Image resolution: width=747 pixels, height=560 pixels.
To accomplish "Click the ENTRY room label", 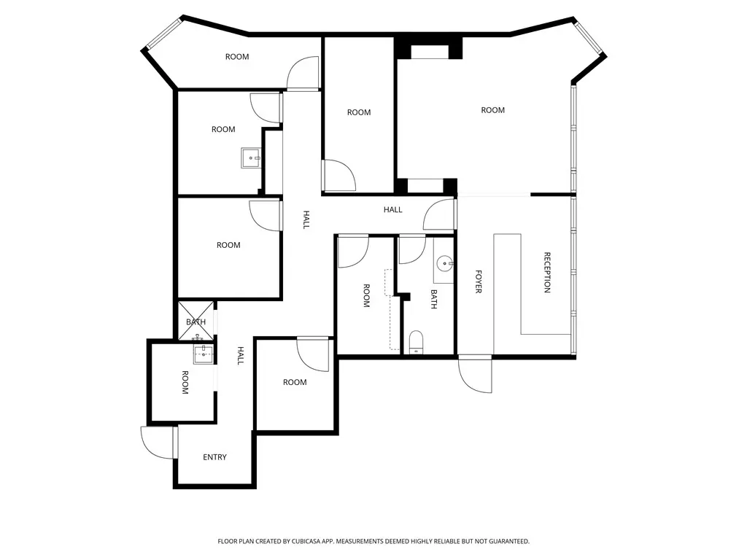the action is point(215,457).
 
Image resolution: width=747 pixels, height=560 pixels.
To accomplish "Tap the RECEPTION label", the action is point(547,273).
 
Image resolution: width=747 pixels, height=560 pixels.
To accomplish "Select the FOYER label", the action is point(479,281).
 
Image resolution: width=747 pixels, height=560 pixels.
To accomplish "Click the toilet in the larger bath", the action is point(417,343).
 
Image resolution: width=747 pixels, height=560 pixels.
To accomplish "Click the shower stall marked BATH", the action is point(196,321).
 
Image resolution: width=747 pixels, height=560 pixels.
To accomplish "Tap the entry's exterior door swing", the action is point(158,443).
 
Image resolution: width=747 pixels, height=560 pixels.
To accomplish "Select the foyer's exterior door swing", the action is point(475,376).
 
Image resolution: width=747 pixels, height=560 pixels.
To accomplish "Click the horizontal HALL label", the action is point(393,209).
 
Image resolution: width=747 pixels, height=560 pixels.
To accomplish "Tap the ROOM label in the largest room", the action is point(492,111).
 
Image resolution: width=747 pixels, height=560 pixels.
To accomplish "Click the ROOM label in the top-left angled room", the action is point(237,57).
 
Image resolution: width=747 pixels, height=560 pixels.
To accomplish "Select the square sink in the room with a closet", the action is point(251,157).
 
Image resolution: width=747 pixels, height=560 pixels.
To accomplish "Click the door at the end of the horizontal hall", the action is point(439,214).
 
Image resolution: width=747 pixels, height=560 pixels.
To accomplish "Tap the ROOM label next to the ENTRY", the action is point(185,382).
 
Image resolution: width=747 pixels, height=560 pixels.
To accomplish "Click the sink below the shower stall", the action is point(204,354).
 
